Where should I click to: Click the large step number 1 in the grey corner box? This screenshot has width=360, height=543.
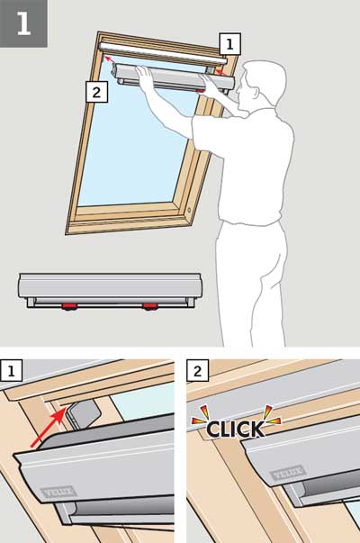(23, 23)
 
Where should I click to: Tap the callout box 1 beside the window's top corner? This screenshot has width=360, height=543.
(229, 43)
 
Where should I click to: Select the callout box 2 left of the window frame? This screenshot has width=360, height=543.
(96, 92)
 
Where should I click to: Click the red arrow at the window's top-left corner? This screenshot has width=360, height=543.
(110, 59)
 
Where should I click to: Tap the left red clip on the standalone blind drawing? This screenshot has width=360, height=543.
(69, 306)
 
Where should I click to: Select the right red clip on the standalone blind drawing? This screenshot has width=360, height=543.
(150, 306)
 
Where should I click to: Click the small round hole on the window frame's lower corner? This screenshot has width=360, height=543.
(189, 210)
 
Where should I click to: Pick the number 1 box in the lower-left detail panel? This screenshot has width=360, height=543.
(12, 371)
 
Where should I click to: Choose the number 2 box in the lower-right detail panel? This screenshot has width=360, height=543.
(198, 371)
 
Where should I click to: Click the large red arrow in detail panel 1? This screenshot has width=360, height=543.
(48, 428)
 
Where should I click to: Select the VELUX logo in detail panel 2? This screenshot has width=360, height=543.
(288, 473)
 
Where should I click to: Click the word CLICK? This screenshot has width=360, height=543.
(236, 429)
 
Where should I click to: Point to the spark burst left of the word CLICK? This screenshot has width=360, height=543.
(201, 415)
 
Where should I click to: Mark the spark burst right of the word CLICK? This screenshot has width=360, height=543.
(272, 414)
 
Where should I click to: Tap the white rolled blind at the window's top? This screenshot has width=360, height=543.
(163, 54)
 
